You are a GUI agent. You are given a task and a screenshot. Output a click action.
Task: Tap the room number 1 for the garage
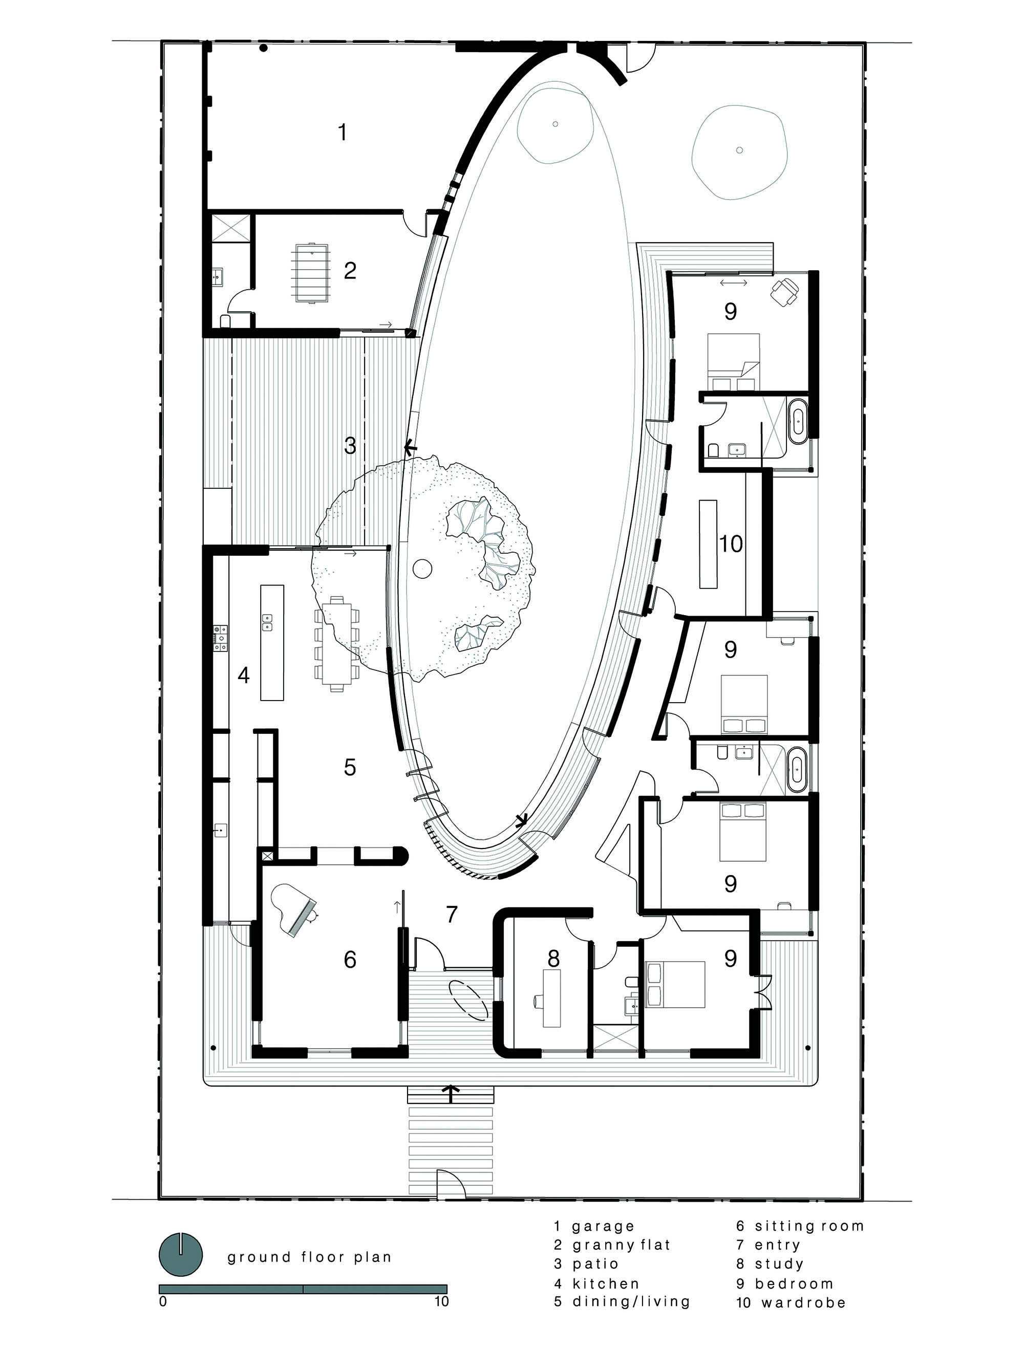tap(343, 131)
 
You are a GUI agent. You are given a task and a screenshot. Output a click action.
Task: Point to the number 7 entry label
tap(452, 914)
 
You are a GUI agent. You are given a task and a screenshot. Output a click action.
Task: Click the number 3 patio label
tap(350, 446)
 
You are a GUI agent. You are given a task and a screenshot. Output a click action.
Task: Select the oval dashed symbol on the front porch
tap(468, 998)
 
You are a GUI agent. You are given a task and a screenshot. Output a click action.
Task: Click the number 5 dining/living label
tap(350, 767)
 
